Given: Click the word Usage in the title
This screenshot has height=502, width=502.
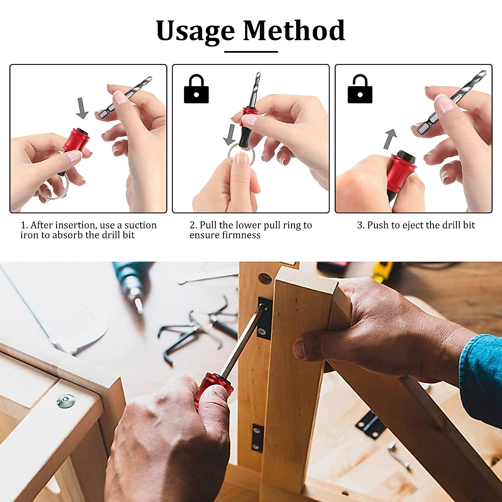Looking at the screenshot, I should (195, 31).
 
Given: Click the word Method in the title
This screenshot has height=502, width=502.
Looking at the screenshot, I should (294, 31).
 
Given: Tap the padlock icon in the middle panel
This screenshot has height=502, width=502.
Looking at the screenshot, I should (196, 89).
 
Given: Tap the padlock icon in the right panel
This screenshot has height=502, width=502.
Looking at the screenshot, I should (360, 89).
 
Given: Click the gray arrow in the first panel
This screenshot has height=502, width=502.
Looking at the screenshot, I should (82, 108).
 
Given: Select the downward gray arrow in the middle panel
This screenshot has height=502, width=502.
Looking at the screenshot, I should (229, 133).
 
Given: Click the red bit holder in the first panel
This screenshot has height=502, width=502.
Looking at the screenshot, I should (76, 140).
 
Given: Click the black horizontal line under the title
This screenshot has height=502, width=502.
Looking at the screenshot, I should (251, 52).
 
